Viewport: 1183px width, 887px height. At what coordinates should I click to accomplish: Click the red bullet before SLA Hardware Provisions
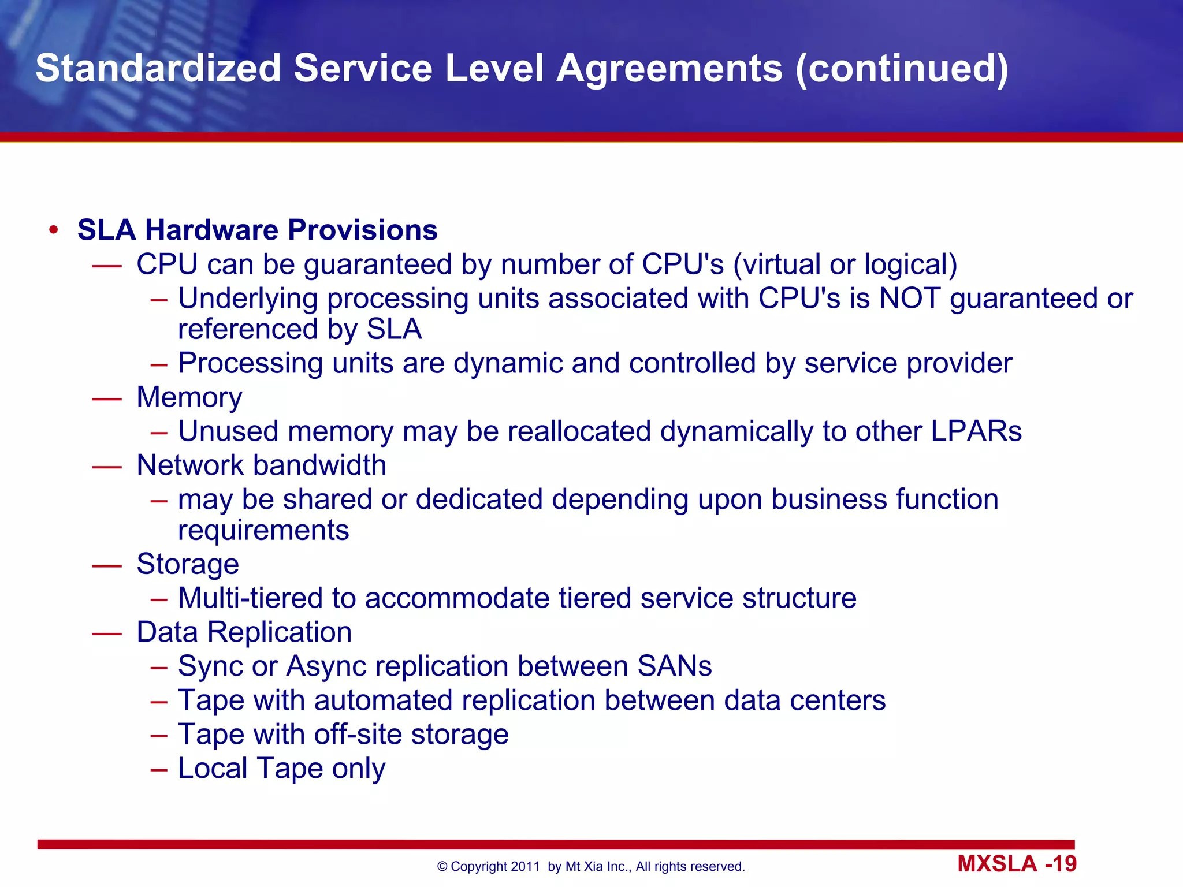(54, 230)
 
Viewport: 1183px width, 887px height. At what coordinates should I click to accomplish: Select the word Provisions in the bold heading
(363, 230)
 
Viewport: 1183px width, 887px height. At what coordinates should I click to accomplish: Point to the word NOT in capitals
(909, 299)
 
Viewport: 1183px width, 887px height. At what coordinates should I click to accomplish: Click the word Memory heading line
(189, 397)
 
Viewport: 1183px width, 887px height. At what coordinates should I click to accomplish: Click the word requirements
(263, 530)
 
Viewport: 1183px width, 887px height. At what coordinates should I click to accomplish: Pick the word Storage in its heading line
(188, 564)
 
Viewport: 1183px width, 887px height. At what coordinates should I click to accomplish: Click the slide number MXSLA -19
(1017, 864)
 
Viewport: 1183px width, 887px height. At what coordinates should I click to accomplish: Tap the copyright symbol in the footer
(442, 867)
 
